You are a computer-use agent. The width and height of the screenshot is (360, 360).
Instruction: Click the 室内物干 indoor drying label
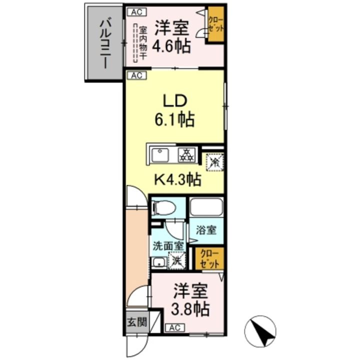tap(142, 43)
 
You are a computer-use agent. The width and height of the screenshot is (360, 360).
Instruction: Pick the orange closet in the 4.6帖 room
tap(216, 24)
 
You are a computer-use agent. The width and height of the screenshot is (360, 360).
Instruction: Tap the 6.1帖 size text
tap(173, 120)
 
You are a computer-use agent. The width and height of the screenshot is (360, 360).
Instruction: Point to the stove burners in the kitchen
tap(187, 154)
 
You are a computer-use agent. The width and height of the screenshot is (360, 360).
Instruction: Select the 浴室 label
tap(206, 230)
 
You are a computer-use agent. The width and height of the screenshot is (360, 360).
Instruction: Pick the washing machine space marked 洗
tap(176, 259)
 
